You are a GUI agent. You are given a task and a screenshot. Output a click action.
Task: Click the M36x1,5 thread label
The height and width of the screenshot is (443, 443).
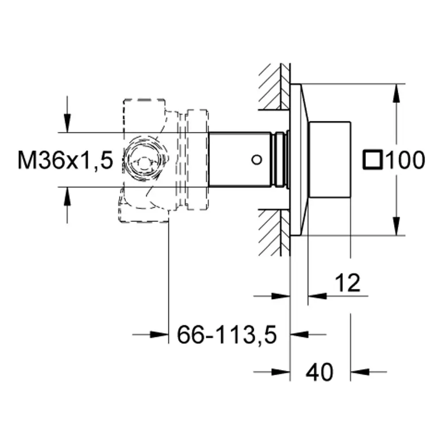[x=65, y=160]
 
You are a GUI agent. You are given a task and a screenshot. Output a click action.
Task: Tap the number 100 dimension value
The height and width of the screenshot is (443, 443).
[x=405, y=160]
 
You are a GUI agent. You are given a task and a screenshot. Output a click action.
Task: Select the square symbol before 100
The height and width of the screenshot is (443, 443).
[x=373, y=160]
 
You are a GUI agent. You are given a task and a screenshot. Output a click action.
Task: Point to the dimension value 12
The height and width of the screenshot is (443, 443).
[x=347, y=283]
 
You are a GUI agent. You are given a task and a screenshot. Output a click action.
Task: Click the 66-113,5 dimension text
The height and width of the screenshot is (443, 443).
[x=227, y=334]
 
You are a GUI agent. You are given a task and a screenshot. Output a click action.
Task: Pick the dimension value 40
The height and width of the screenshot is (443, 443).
[x=319, y=372]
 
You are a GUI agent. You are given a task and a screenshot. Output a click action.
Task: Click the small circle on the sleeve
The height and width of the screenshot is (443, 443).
[x=256, y=160]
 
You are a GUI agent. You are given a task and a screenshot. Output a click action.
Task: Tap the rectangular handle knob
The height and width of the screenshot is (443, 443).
[x=330, y=159]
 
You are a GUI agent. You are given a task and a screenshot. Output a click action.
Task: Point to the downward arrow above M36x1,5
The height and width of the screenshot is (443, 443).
[x=67, y=114]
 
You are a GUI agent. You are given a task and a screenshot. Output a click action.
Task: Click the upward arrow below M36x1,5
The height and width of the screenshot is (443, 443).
[x=67, y=205]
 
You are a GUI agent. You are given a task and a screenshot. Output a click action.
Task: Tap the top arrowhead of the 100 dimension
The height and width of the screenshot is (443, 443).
[x=396, y=93]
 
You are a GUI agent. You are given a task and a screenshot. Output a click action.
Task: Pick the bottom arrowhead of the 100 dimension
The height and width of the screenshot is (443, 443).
[x=396, y=226]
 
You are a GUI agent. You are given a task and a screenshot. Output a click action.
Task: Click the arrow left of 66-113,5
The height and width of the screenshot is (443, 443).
[x=150, y=334]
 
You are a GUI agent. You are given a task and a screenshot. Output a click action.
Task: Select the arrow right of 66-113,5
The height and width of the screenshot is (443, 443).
[x=308, y=334]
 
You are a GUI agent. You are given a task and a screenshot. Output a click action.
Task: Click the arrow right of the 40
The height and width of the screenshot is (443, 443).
[x=369, y=372]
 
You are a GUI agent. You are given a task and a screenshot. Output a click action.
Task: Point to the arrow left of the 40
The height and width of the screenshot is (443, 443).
[x=272, y=372]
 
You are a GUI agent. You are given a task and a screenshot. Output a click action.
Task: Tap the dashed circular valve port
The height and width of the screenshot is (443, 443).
[x=144, y=160]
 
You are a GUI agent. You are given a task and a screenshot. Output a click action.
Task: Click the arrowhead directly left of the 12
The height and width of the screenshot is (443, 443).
[x=317, y=296]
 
